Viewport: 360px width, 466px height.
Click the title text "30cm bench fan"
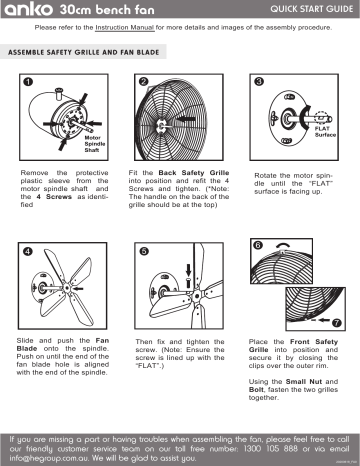(x=92, y=9)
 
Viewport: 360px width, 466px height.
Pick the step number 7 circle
(x=336, y=322)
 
